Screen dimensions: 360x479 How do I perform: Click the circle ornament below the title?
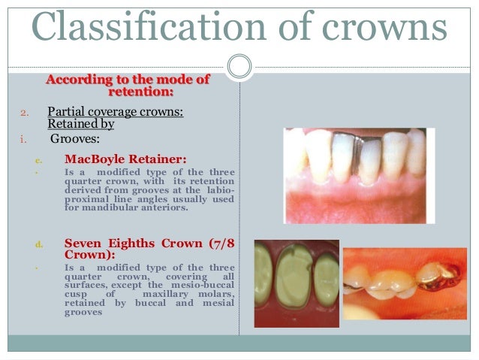[x=239, y=66]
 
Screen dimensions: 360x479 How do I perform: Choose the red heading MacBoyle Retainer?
[x=125, y=159]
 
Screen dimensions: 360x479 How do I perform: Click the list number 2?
[x=23, y=113]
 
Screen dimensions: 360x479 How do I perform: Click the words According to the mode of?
[x=128, y=80]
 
